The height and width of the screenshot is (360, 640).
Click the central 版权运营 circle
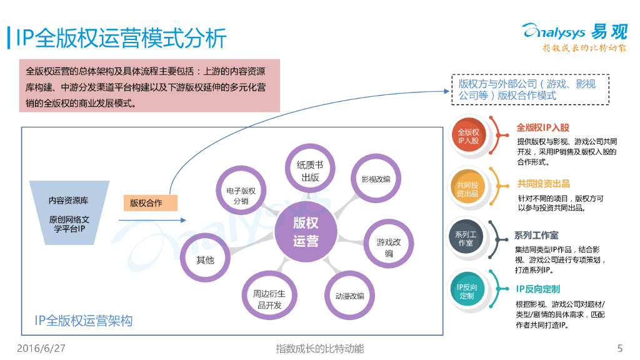coord(306,231)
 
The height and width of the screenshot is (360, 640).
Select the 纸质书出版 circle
coord(311,171)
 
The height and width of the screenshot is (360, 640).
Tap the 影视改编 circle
coord(376,179)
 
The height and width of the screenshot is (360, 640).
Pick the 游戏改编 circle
coord(389,247)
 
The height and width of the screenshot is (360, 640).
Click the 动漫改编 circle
coord(349,296)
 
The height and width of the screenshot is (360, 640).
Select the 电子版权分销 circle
coord(241,196)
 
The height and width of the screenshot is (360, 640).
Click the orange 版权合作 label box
coord(151,202)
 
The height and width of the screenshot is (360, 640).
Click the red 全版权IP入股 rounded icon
coord(468,136)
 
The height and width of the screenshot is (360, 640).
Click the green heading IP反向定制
coord(537,289)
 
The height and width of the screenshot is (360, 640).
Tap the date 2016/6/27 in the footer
coord(41,348)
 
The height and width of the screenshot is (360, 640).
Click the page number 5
coord(619,348)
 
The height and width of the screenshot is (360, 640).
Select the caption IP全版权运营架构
coord(84,321)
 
